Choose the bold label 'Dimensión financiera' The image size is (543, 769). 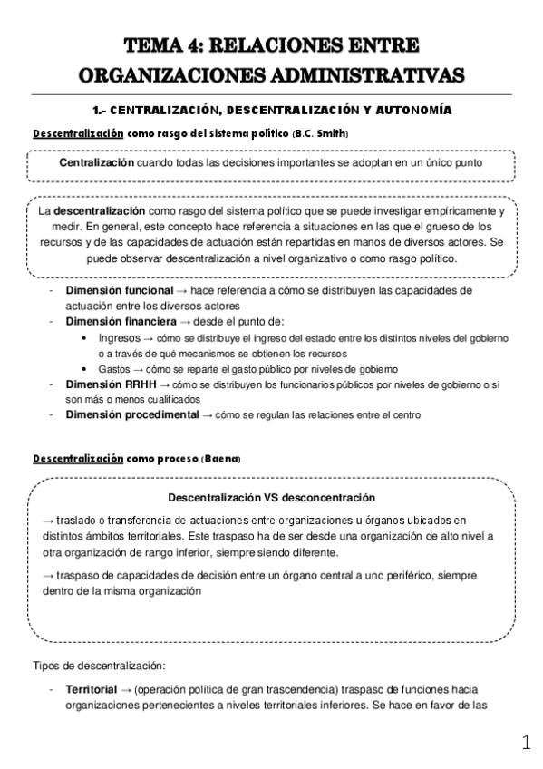121,321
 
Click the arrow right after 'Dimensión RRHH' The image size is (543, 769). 165,384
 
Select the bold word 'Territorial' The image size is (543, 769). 92,689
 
